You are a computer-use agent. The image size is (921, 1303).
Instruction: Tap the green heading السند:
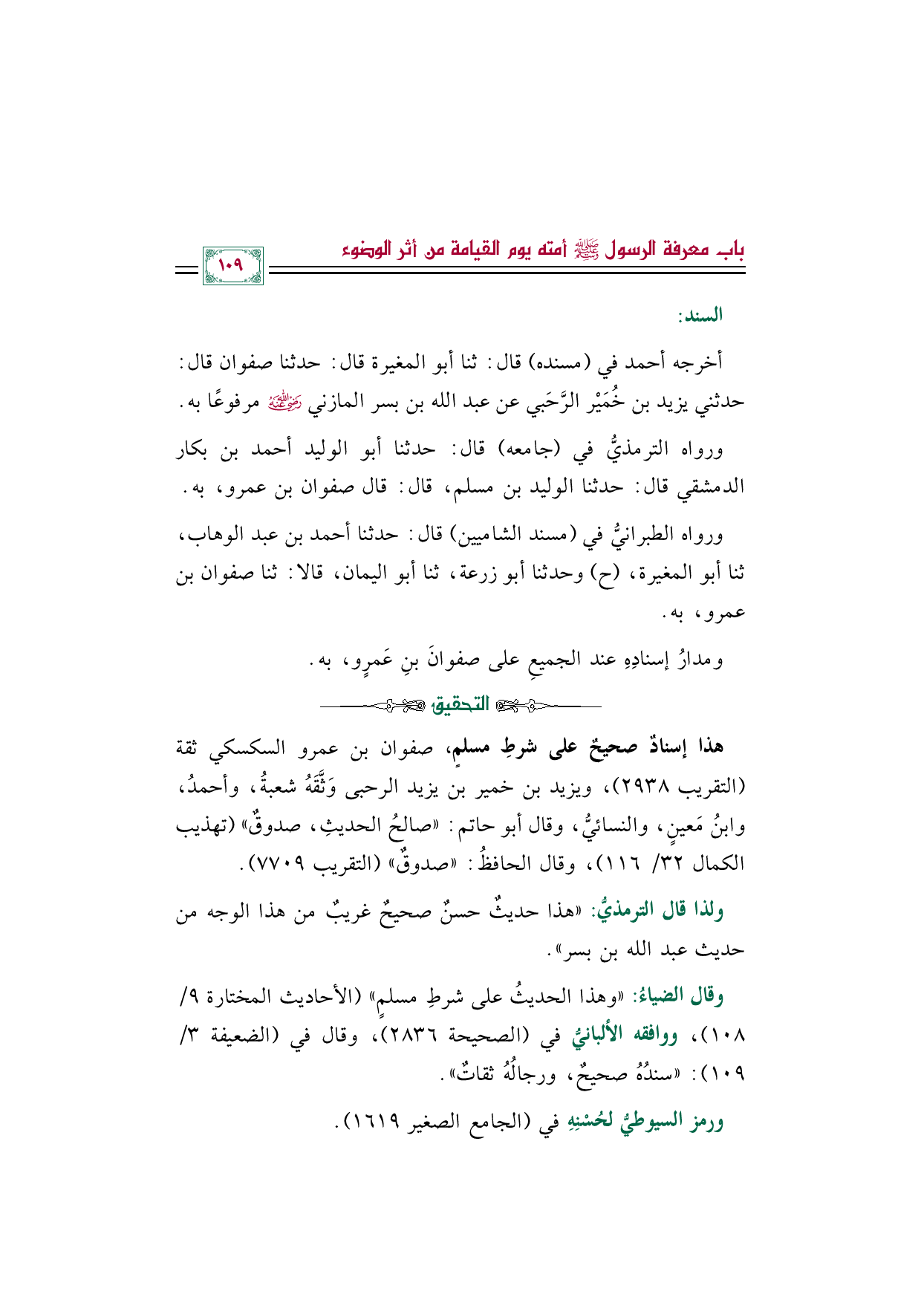[700, 316]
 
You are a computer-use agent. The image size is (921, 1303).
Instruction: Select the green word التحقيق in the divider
[461, 704]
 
